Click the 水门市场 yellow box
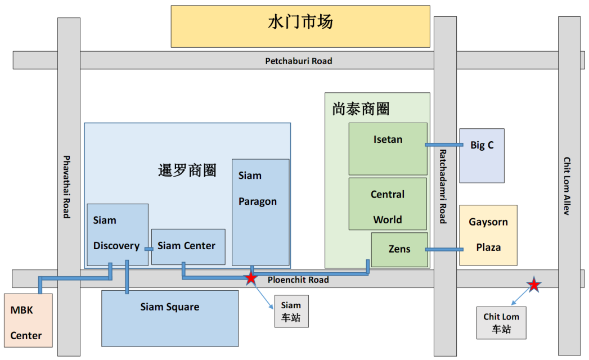point(300,26)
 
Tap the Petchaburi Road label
point(299,61)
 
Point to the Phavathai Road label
point(67,187)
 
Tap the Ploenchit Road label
point(298,280)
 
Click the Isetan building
point(388,148)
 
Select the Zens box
point(399,249)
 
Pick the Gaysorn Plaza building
point(488,235)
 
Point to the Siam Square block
point(169,318)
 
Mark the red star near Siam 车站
point(251,278)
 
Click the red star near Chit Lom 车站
point(534,285)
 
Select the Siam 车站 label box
point(291,311)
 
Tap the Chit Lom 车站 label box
point(501,323)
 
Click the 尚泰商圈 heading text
point(361,109)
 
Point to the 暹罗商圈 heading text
point(187,170)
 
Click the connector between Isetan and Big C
point(443,145)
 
